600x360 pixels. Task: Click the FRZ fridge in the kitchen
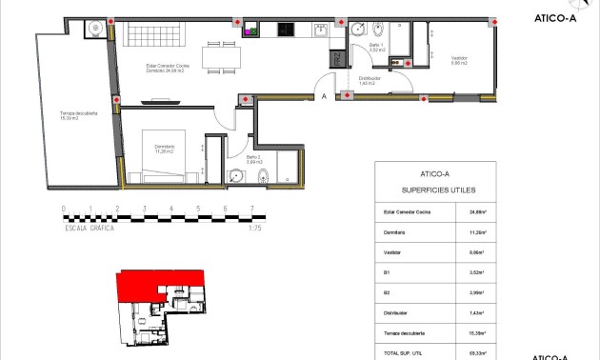click(336, 58)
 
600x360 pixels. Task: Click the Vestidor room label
click(460, 60)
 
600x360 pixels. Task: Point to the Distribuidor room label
click(370, 82)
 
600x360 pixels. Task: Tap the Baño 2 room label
click(253, 160)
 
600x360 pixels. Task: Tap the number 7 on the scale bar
click(251, 208)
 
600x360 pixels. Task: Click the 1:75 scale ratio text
click(254, 229)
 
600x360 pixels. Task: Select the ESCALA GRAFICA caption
click(90, 229)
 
